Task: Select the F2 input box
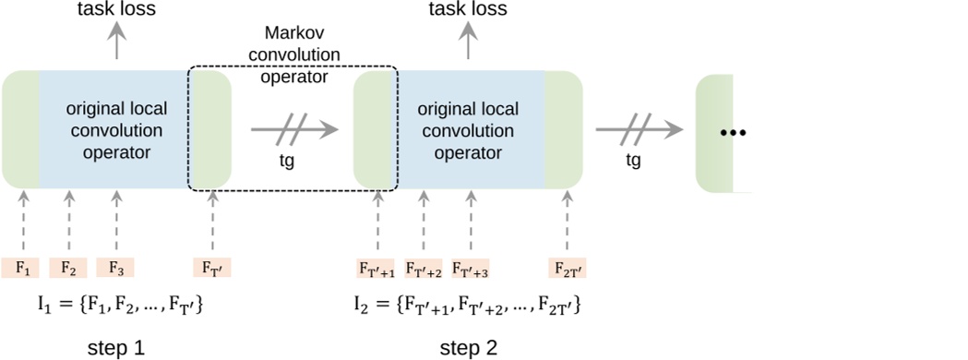[68, 268]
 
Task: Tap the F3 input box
[115, 268]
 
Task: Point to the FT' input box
[211, 268]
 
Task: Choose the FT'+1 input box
[376, 268]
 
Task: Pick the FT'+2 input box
[424, 268]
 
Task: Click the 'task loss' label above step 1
[116, 10]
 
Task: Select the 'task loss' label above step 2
[470, 10]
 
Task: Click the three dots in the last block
[733, 133]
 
